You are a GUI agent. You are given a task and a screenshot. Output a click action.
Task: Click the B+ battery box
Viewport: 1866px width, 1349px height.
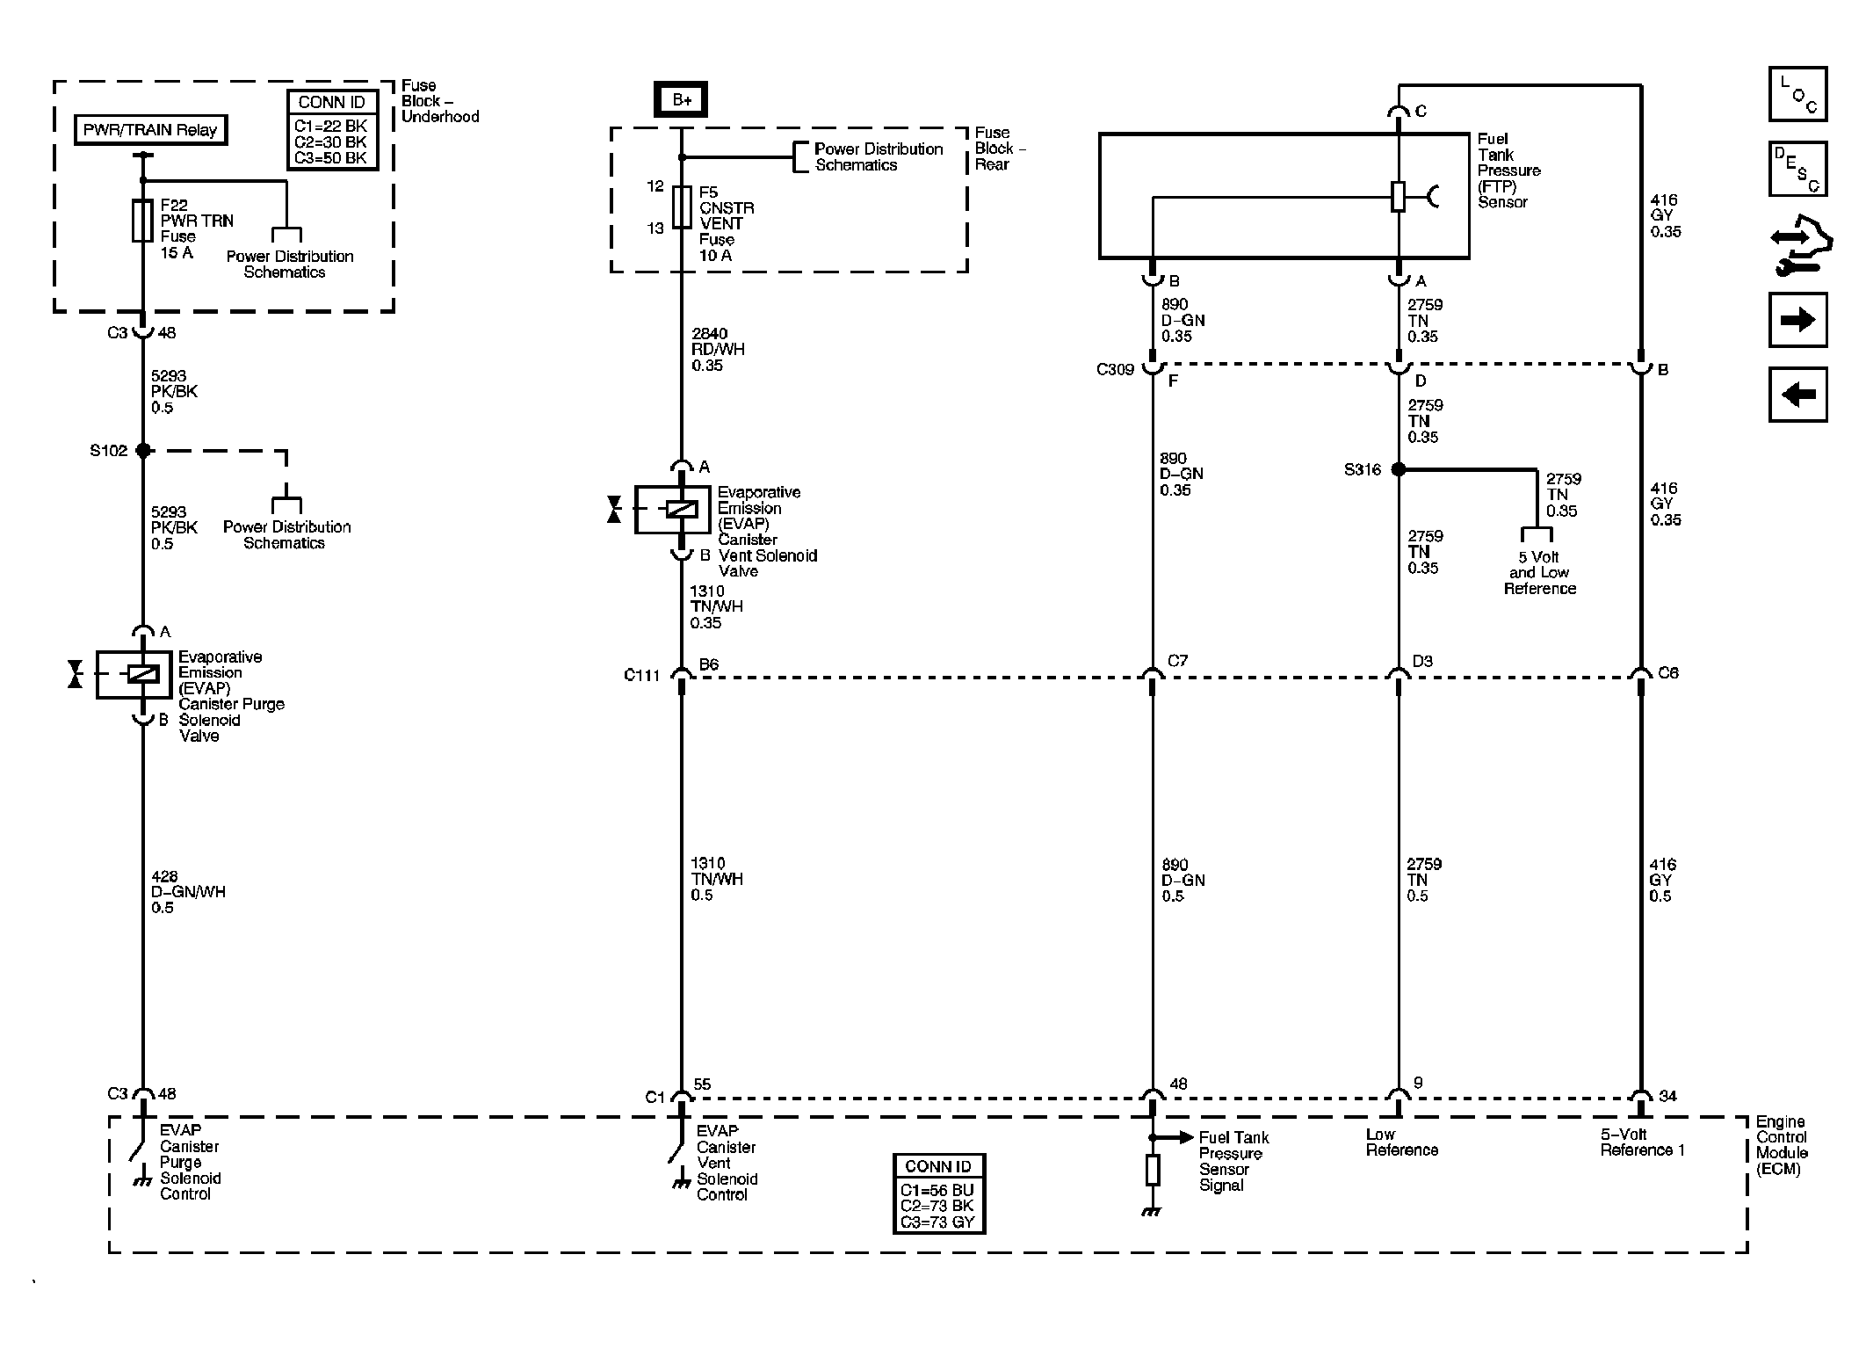click(x=681, y=100)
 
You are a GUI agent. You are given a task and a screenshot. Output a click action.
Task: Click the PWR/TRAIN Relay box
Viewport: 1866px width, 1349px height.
click(x=149, y=130)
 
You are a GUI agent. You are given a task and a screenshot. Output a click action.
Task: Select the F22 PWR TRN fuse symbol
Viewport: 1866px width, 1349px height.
click(x=142, y=220)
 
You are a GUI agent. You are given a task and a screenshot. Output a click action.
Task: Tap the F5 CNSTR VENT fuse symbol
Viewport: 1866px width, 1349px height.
click(x=682, y=207)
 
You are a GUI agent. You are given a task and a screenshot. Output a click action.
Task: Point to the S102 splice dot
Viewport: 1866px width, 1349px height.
click(x=142, y=450)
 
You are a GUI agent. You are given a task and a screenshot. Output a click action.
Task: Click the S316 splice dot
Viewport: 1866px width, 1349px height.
click(x=1398, y=469)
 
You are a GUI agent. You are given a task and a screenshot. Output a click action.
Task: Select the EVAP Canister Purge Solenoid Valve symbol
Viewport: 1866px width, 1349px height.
click(x=134, y=674)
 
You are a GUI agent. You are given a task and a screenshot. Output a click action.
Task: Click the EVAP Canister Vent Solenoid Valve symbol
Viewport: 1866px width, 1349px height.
click(x=672, y=509)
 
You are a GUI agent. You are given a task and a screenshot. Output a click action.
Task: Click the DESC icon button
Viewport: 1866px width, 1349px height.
click(x=1797, y=169)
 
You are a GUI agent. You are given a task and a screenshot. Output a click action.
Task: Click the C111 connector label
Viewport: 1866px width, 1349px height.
click(x=641, y=675)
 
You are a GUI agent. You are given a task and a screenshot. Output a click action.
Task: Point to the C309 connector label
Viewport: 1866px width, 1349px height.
click(x=1115, y=369)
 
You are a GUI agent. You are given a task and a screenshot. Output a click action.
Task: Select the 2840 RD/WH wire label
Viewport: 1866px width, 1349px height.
click(x=717, y=349)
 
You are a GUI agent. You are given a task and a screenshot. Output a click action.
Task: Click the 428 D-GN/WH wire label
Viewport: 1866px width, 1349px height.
click(x=187, y=891)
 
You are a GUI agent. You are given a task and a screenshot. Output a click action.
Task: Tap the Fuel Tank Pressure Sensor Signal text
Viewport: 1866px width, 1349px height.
click(x=1233, y=1161)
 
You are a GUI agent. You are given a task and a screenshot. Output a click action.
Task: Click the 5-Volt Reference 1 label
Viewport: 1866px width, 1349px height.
click(x=1641, y=1142)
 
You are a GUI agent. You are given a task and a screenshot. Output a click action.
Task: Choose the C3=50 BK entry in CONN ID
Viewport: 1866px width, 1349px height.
click(x=331, y=158)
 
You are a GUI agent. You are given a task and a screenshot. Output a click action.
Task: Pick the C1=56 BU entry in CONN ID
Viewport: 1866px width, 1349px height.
click(x=937, y=1191)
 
